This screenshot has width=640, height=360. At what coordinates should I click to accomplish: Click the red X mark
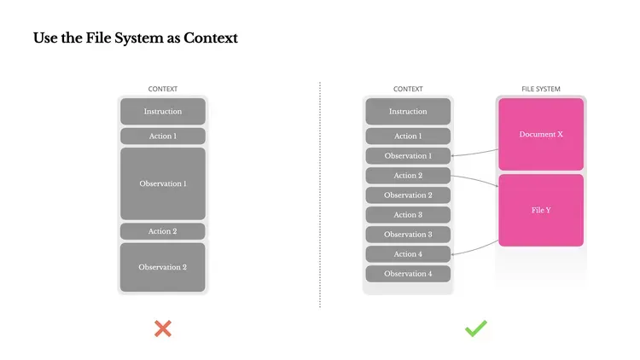pos(162,328)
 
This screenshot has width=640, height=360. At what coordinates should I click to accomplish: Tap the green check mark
pos(475,328)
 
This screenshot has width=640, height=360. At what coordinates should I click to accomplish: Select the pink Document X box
pos(541,134)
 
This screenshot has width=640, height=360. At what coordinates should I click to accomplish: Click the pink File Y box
pos(541,210)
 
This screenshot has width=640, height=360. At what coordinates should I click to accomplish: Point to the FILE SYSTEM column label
pos(541,89)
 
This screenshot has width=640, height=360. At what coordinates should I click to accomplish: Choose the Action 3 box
pos(408,215)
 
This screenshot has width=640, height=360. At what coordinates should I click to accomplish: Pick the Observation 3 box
pos(408,235)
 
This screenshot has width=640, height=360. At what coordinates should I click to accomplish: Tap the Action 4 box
pos(408,254)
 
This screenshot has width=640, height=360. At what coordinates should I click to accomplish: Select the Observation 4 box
pos(408,274)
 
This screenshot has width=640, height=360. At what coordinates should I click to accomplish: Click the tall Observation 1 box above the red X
pos(162,183)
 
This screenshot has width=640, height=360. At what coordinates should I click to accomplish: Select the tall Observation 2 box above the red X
pos(162,267)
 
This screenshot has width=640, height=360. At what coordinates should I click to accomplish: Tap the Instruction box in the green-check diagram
pos(408,112)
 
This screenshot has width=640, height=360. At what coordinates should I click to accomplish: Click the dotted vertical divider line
pos(320,196)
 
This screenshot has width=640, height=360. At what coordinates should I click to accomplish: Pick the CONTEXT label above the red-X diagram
pos(163,89)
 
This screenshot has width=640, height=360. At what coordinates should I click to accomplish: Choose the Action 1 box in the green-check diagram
pos(408,136)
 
